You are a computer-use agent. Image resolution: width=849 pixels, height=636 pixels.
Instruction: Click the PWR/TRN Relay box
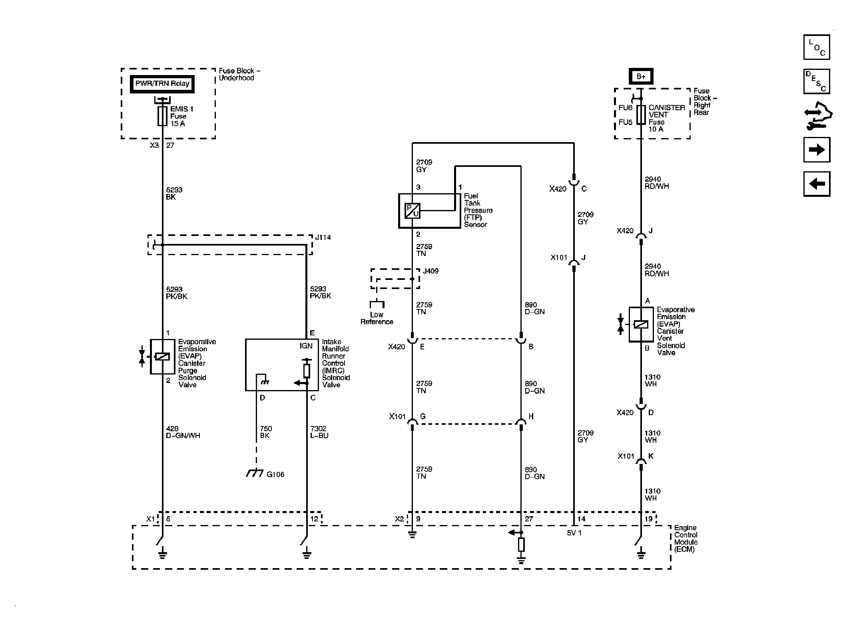click(162, 84)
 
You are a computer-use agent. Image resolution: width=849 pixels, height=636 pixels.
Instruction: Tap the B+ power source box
click(641, 76)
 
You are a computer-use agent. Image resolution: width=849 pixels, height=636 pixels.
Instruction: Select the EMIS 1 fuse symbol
click(162, 116)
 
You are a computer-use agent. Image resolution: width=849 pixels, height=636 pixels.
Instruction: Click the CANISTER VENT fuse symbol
click(641, 115)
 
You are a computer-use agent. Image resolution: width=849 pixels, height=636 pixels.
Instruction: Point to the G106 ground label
click(275, 474)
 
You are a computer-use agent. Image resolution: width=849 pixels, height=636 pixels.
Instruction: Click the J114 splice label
click(323, 238)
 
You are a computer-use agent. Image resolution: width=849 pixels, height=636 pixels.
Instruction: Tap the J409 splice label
click(430, 271)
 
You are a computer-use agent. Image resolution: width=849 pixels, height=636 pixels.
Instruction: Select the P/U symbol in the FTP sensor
click(413, 210)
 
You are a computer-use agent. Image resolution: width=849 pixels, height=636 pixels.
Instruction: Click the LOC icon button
click(817, 47)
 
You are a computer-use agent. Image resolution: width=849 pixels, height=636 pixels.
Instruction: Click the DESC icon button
click(817, 81)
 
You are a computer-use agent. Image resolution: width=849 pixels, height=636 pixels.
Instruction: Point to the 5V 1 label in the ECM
click(574, 533)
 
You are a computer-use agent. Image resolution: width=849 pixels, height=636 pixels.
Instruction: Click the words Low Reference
click(377, 318)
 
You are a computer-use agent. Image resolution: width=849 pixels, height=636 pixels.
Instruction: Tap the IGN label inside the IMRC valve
click(306, 346)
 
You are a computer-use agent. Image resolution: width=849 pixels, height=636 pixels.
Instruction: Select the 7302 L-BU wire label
click(319, 432)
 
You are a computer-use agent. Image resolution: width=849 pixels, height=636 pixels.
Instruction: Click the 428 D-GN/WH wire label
click(183, 432)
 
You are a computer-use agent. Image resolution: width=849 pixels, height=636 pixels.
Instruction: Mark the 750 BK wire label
click(266, 432)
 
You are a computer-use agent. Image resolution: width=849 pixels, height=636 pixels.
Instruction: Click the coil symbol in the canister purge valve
click(162, 357)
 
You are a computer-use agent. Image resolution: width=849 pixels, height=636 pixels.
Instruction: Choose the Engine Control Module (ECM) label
click(686, 539)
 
